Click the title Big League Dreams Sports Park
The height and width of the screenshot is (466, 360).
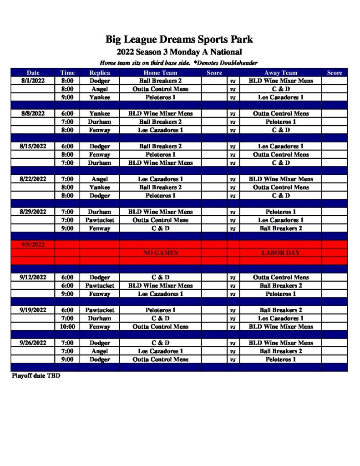179,39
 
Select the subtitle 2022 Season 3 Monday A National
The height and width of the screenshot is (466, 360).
179,52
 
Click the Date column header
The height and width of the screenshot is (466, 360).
33,72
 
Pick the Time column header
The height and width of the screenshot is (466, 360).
67,72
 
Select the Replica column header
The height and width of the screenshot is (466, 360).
99,72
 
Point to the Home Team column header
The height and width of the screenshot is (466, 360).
160,72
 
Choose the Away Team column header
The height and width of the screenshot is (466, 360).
280,72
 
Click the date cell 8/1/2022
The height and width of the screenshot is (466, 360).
33,81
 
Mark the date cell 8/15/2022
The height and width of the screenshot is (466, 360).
33,146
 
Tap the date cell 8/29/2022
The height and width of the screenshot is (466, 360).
33,212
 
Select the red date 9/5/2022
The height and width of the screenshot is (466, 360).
33,244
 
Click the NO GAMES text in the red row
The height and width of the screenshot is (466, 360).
160,253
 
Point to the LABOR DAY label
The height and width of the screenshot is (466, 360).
280,253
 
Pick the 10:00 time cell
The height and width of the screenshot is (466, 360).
67,326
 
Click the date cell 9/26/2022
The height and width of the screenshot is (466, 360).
33,343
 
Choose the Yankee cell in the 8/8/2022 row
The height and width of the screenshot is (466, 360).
99,113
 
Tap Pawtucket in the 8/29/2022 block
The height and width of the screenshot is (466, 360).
99,220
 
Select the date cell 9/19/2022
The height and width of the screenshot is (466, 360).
33,310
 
